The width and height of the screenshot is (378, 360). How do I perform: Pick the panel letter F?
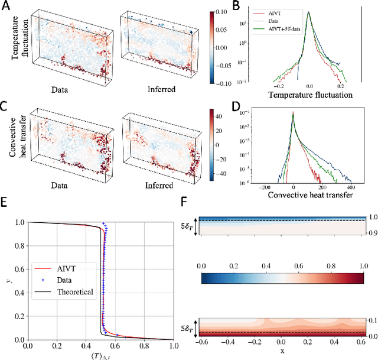tap(184, 203)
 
